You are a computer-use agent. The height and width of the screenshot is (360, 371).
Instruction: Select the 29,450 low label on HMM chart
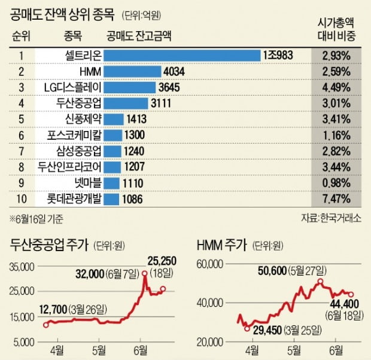[x=270, y=330]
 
